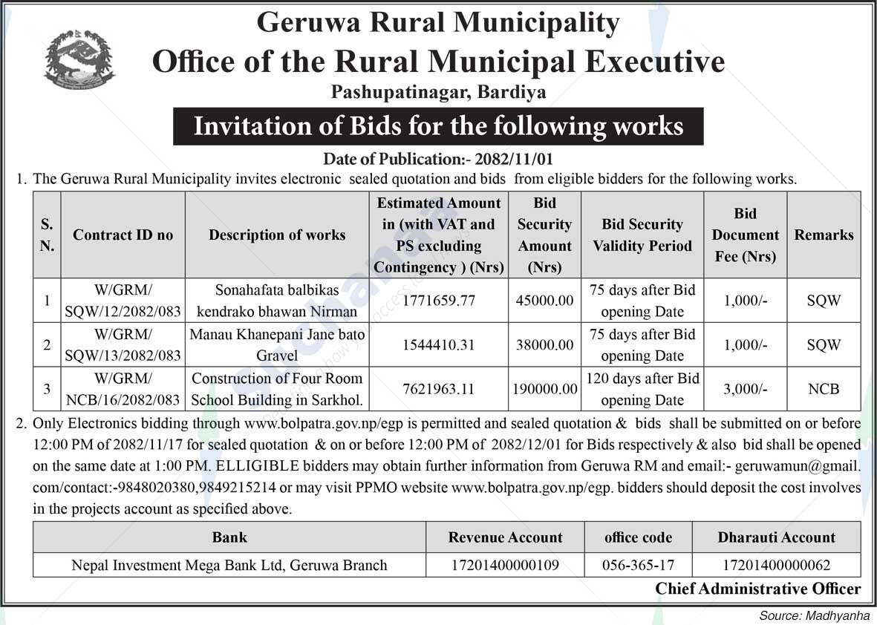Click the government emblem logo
tap(79, 60)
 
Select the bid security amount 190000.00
tap(545, 388)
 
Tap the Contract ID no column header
tap(123, 235)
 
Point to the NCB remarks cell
tap(824, 388)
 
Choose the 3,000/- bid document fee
tap(745, 388)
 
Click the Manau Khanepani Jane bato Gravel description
tap(277, 344)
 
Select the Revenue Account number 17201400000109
tap(505, 565)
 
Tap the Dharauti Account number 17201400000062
tap(776, 565)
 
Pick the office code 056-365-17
tap(638, 565)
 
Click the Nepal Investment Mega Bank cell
tap(229, 565)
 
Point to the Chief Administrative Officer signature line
tap(757, 589)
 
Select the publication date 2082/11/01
tap(523, 159)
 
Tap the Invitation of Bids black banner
tap(438, 126)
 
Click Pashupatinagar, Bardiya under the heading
tap(438, 92)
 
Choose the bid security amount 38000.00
tap(545, 344)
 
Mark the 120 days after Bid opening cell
tap(642, 388)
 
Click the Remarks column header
tap(824, 235)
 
